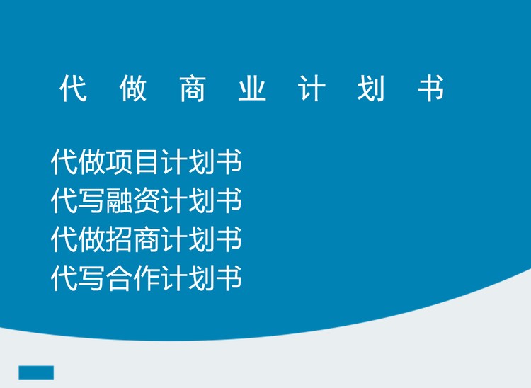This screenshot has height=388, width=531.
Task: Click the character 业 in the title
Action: point(252,88)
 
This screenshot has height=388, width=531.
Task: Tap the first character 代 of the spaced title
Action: point(73,88)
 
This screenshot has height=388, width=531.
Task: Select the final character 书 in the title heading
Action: point(430,88)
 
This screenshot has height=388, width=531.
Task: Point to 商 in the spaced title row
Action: point(193,88)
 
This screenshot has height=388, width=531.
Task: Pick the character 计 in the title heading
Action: point(312,88)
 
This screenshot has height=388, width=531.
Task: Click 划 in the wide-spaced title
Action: point(371,88)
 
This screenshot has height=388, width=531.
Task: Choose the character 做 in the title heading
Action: point(133,88)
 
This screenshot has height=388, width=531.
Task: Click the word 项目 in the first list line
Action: point(133,161)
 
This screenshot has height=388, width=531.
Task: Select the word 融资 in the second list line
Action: point(133,200)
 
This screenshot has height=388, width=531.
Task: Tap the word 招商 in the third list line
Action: point(133,239)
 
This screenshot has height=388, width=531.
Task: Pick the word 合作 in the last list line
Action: point(133,278)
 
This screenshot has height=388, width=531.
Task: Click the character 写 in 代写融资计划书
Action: point(92,200)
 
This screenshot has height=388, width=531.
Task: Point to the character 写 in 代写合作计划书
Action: point(92,278)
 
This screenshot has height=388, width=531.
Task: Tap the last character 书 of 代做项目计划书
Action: point(229,161)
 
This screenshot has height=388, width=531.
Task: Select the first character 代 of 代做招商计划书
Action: point(64,239)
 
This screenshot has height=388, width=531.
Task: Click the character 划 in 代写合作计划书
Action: point(202,278)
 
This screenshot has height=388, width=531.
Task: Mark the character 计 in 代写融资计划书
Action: point(174,200)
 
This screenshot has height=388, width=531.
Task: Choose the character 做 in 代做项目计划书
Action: point(92,161)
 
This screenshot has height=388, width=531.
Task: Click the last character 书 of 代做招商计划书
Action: point(229,239)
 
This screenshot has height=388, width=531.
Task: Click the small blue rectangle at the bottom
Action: point(36,372)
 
